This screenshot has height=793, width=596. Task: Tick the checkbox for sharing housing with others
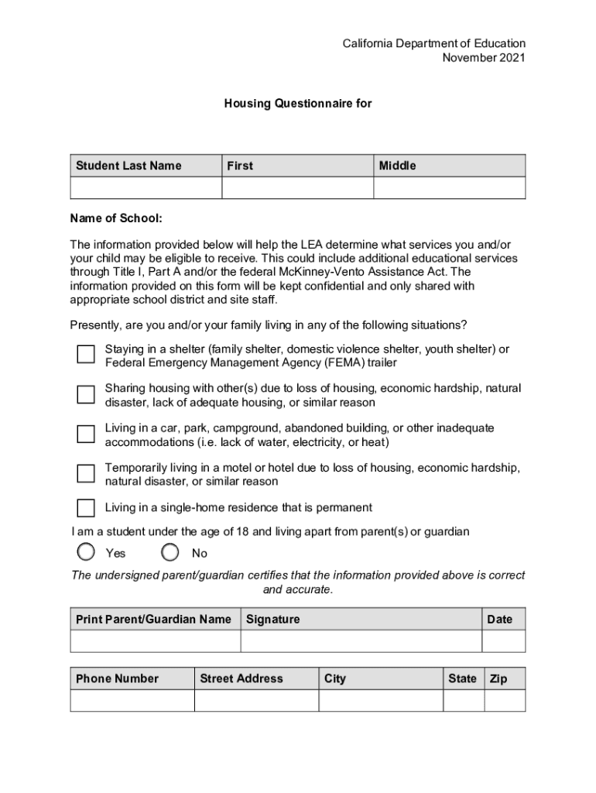click(86, 394)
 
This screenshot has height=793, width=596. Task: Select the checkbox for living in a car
click(86, 434)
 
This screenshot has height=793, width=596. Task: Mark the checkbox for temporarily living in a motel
click(86, 473)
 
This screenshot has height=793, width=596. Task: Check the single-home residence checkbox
click(86, 508)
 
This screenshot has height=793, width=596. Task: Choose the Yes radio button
click(87, 552)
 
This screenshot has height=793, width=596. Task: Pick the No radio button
click(171, 552)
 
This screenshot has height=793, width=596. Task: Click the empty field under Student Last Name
click(146, 188)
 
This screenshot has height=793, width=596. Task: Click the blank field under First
click(298, 188)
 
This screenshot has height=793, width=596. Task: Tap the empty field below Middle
click(450, 188)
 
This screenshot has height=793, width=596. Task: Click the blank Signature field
click(361, 641)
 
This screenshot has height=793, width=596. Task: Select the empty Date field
click(504, 641)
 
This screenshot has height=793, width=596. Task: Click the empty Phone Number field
click(132, 700)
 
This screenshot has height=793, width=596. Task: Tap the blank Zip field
click(505, 700)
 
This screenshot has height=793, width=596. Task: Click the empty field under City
click(381, 700)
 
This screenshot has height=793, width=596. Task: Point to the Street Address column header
click(241, 678)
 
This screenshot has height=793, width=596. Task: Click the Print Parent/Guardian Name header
click(153, 619)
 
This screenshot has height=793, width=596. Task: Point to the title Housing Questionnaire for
click(298, 102)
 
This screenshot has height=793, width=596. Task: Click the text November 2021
click(483, 58)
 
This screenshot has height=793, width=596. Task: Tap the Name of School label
click(116, 219)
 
